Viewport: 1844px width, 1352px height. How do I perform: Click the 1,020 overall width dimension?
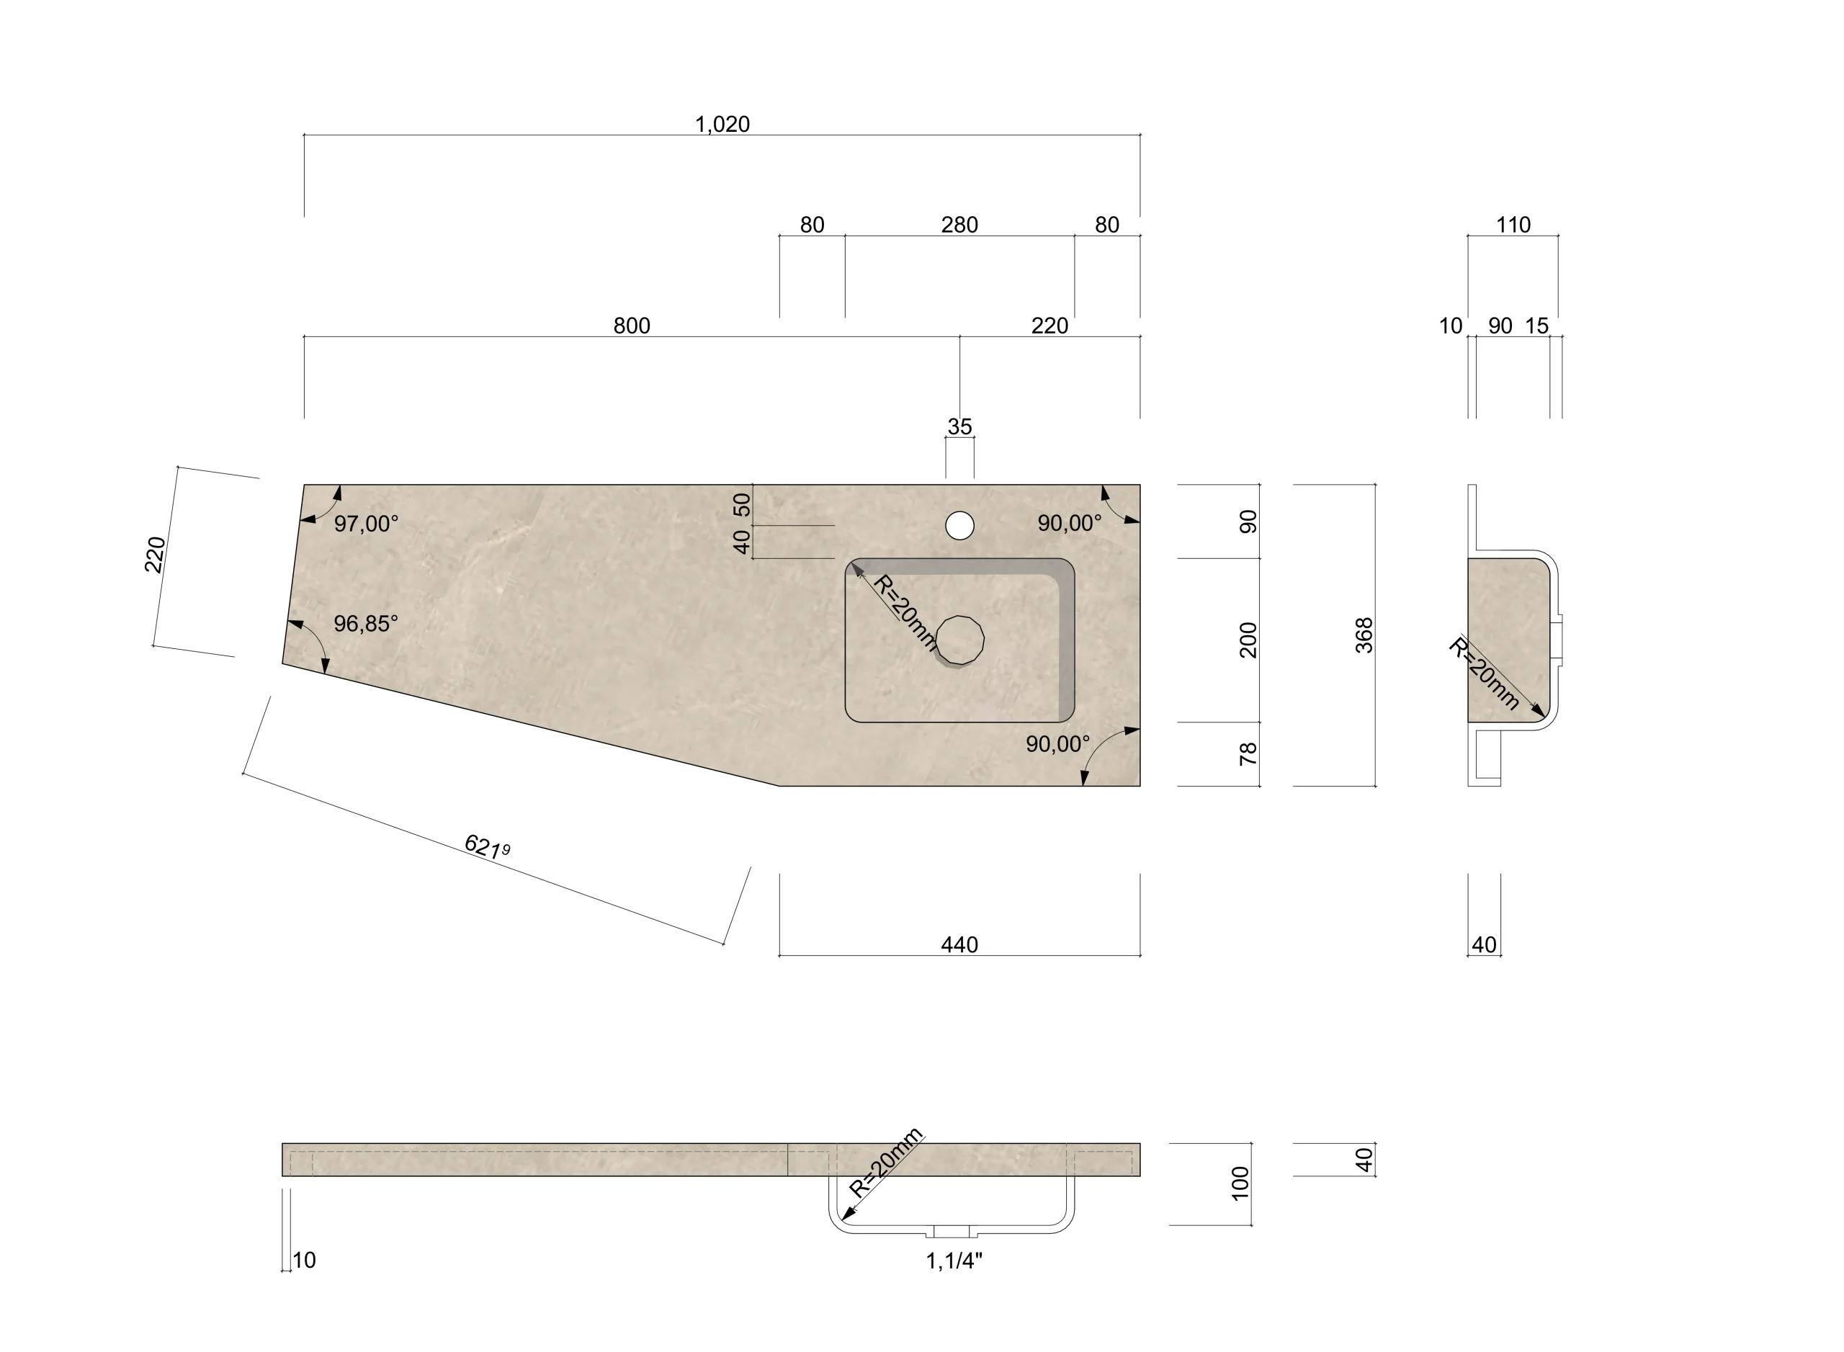click(722, 125)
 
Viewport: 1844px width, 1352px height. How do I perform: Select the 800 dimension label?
click(632, 326)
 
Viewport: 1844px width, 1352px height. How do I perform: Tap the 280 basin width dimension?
click(959, 225)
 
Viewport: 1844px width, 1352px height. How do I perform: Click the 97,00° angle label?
click(366, 524)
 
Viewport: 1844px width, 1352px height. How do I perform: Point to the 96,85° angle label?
click(366, 624)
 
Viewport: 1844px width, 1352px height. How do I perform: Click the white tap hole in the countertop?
click(959, 525)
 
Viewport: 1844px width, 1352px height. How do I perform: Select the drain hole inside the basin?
click(959, 640)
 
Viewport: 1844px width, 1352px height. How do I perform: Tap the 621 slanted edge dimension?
click(487, 846)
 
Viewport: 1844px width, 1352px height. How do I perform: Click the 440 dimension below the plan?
click(959, 945)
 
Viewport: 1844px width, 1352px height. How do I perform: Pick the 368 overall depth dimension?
click(1364, 635)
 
